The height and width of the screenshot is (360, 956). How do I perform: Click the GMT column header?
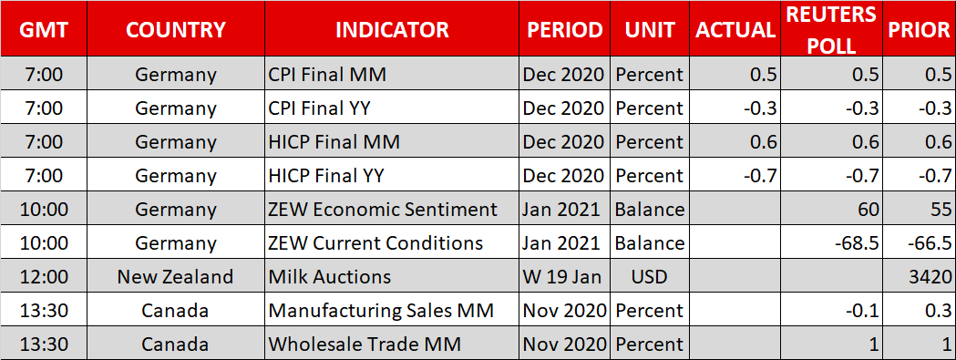click(x=43, y=29)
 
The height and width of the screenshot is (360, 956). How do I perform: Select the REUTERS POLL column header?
click(x=830, y=28)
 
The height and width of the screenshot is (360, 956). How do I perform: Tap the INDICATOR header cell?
click(x=392, y=29)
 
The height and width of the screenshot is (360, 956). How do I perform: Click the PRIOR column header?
click(x=919, y=29)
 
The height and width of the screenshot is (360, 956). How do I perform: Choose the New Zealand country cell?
click(x=176, y=276)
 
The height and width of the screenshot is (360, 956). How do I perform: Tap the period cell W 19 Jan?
click(x=561, y=276)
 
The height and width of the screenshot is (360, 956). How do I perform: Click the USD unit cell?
click(x=649, y=276)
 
